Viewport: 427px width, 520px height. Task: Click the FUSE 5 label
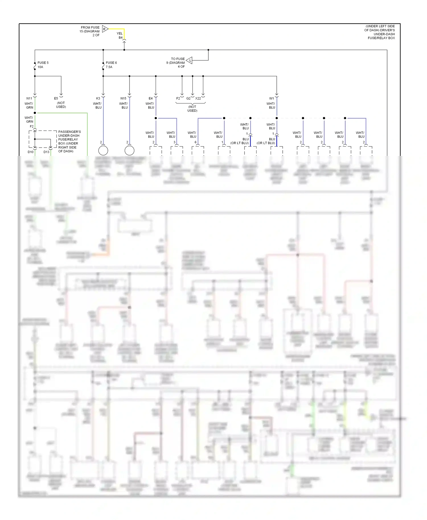click(43, 63)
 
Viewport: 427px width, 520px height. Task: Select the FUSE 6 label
click(111, 63)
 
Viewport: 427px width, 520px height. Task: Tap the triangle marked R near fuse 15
click(105, 29)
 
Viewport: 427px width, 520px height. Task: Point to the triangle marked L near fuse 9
click(190, 60)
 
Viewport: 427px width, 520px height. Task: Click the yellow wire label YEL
click(120, 34)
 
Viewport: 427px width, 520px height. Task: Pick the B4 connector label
click(121, 38)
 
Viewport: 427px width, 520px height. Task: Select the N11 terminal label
click(29, 98)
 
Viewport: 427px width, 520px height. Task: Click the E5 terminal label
click(56, 98)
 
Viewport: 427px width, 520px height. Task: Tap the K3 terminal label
click(98, 98)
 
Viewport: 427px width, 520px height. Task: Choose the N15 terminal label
click(123, 98)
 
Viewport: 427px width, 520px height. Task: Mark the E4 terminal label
click(151, 98)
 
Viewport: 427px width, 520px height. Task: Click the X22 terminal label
click(198, 98)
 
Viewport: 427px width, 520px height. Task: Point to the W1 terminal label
click(272, 98)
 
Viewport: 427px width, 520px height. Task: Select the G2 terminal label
click(188, 98)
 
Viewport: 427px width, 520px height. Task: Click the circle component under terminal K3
click(103, 150)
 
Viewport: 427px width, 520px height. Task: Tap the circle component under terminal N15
click(130, 150)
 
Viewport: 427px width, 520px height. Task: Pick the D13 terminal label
click(46, 152)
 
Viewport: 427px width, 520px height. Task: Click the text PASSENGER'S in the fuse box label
click(69, 132)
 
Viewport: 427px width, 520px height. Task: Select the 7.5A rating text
click(109, 67)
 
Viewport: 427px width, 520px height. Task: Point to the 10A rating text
click(40, 67)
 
